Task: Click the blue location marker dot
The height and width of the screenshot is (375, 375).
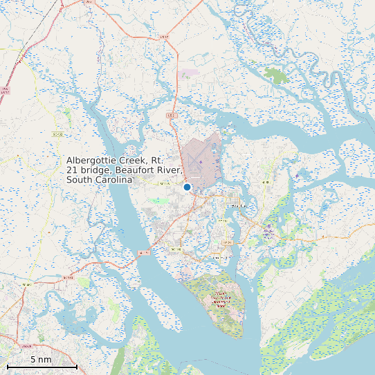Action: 187,187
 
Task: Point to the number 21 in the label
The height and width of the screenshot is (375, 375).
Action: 73,170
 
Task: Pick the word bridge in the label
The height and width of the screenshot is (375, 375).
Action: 97,170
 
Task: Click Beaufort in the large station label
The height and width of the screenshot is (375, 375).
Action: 138,170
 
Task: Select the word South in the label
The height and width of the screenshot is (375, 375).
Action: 80,180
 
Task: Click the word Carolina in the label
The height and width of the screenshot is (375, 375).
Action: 113,180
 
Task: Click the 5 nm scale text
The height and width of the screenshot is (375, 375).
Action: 41,360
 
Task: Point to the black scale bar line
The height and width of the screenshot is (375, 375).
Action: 42,366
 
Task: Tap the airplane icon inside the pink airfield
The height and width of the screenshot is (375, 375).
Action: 201,162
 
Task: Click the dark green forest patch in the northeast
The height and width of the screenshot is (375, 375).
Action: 277,75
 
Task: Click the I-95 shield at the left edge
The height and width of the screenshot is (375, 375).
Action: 6,90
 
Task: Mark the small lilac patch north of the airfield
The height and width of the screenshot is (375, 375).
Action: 188,71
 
